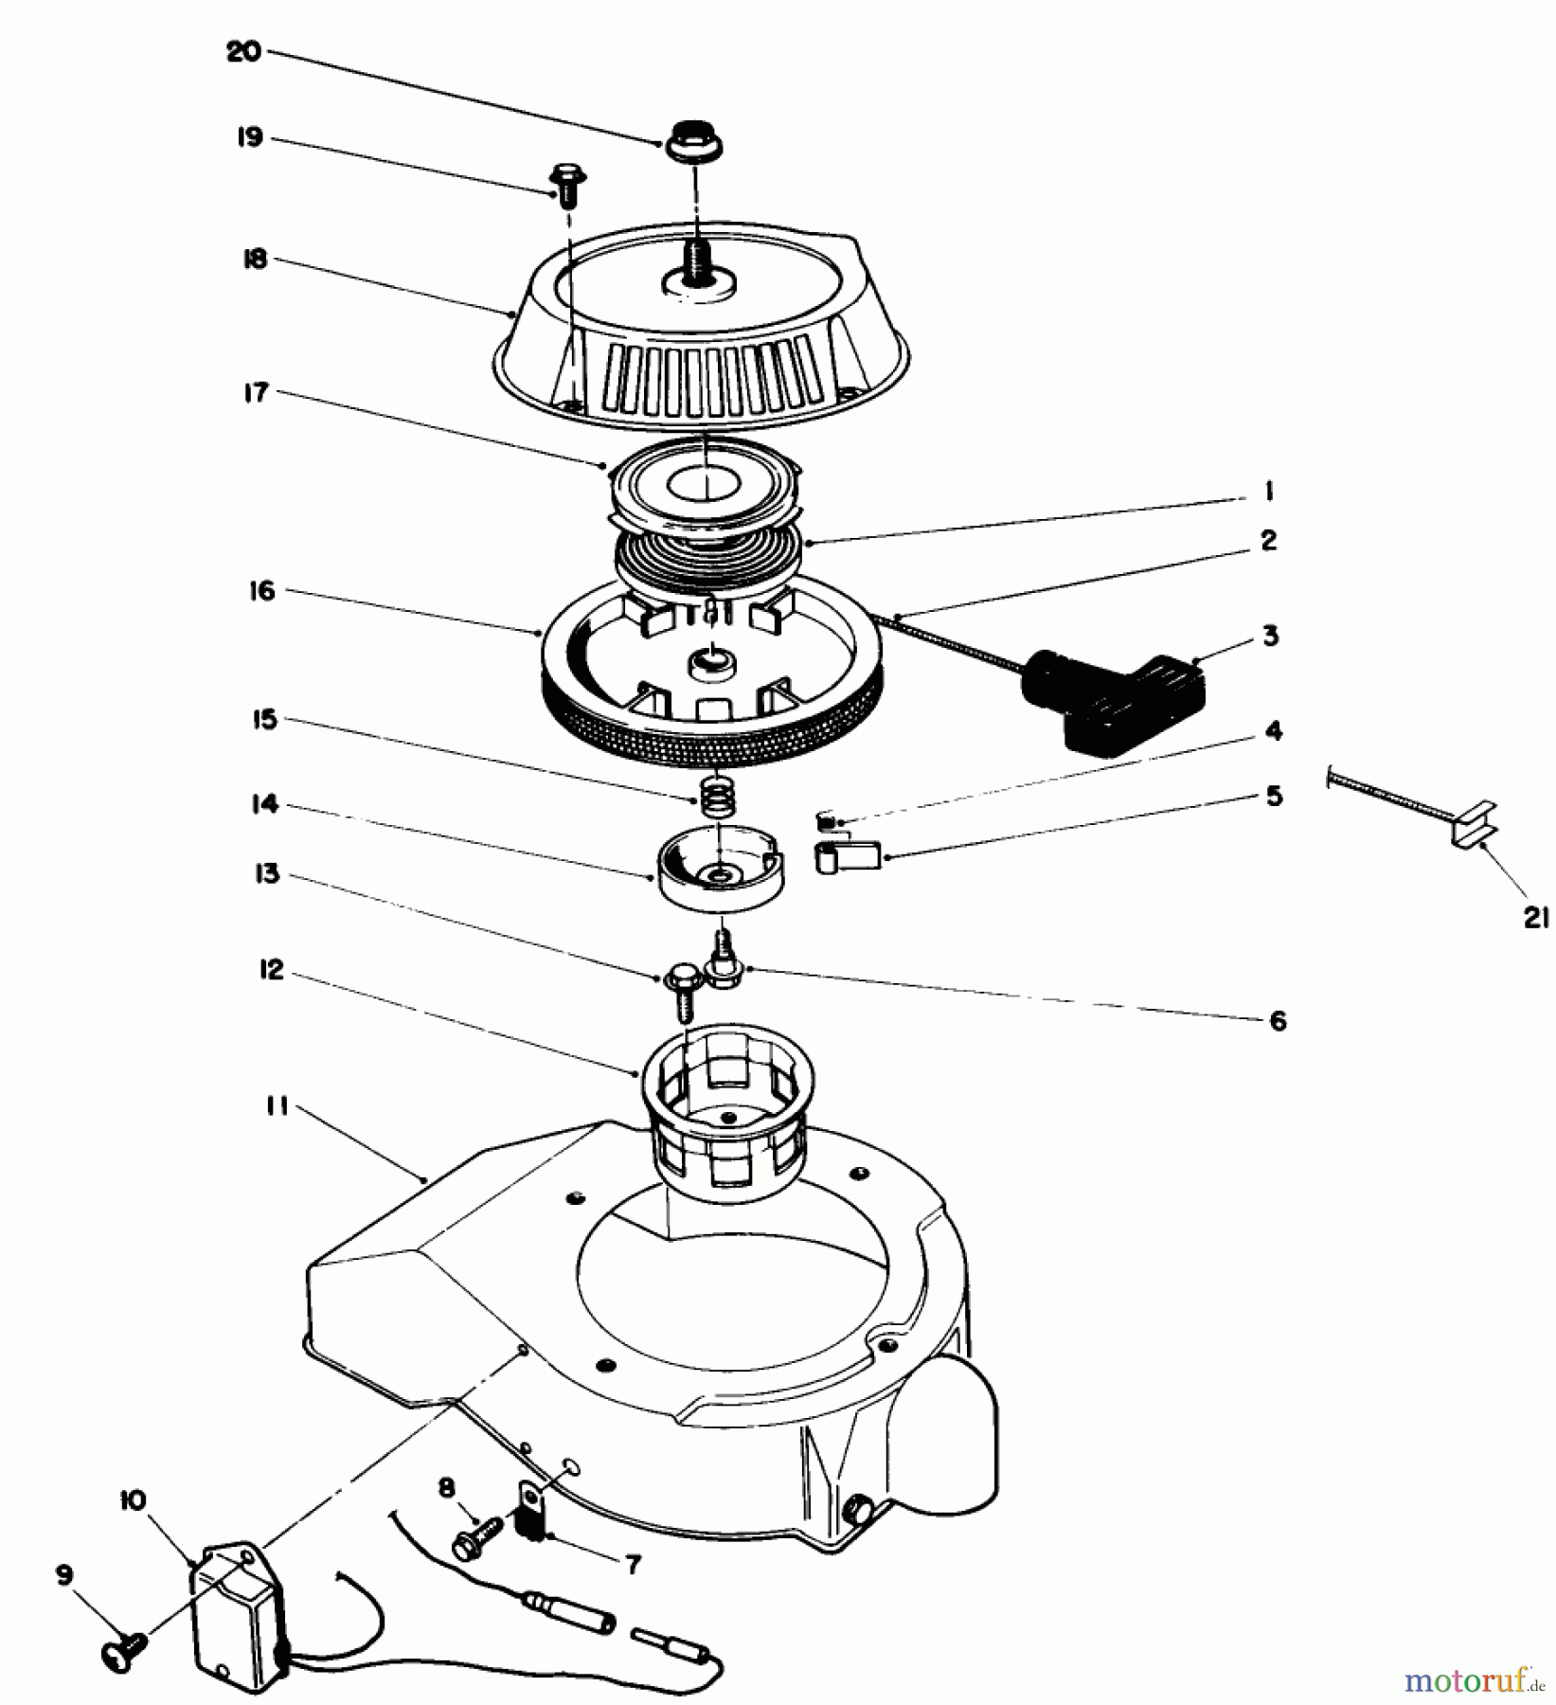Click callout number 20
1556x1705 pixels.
pos(242,52)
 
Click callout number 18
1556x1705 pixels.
pos(255,260)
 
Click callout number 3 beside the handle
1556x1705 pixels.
pos(1270,636)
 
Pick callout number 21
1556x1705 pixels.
pos(1535,916)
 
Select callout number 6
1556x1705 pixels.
pos(1277,1020)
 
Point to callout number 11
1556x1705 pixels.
pos(277,1105)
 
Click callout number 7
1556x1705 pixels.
pos(633,1564)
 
